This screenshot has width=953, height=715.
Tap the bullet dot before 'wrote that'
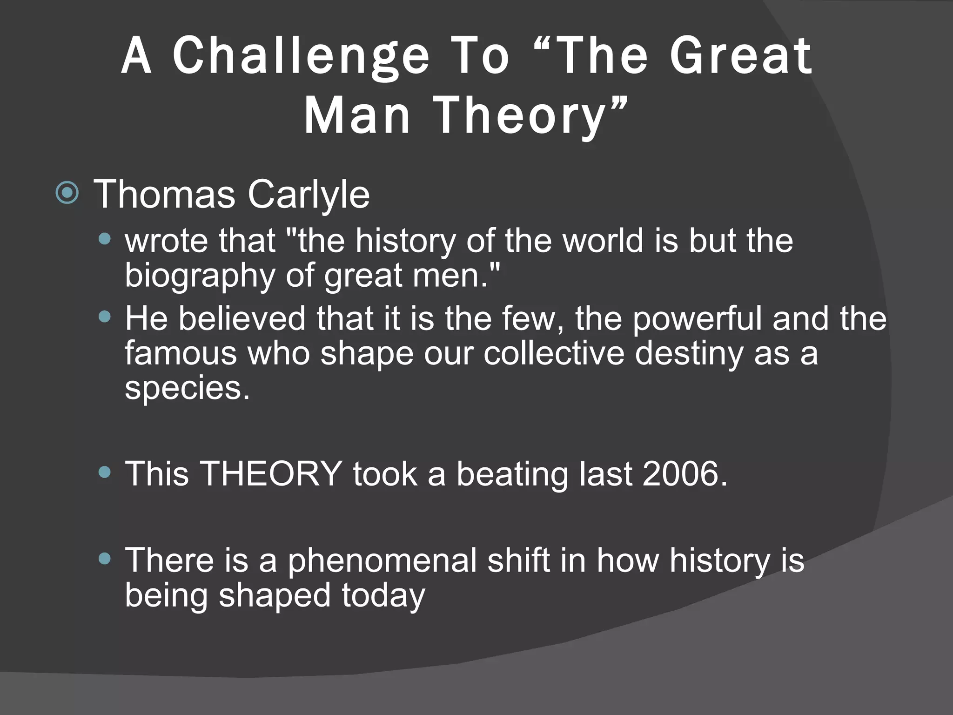[x=105, y=240]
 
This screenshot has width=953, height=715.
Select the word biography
[x=200, y=275]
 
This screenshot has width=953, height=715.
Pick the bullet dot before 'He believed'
[x=105, y=317]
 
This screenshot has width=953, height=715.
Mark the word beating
[x=512, y=473]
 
